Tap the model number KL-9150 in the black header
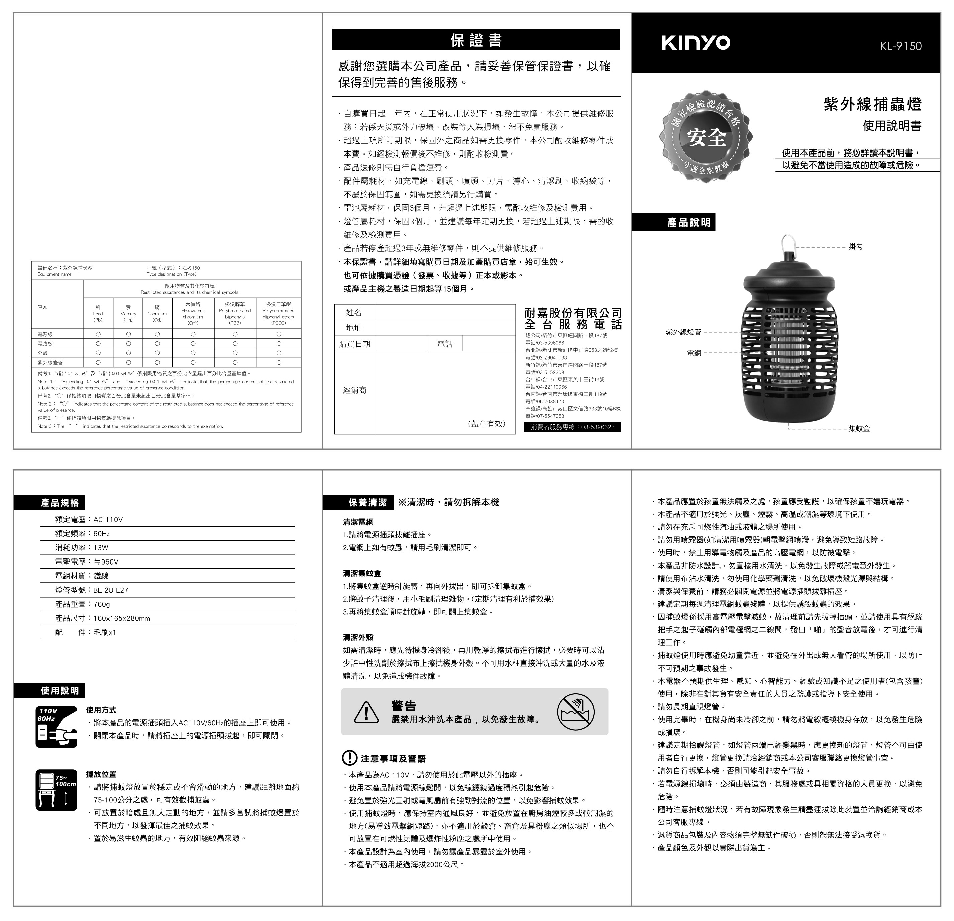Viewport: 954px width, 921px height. [900, 46]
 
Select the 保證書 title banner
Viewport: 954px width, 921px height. [476, 40]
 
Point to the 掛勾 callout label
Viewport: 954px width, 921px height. [856, 247]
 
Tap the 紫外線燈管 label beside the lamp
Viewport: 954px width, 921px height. [683, 332]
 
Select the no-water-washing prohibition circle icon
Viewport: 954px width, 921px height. [576, 712]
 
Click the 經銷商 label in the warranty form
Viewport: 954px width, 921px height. [354, 390]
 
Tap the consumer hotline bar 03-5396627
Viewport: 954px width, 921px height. [572, 427]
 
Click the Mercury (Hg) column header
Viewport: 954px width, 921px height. [128, 314]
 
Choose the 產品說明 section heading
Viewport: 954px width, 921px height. [688, 222]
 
